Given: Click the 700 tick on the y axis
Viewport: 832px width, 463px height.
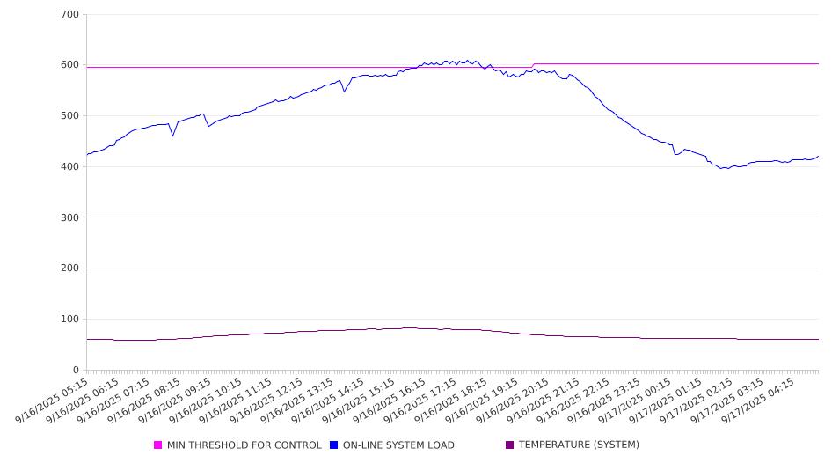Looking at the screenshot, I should click(x=70, y=15).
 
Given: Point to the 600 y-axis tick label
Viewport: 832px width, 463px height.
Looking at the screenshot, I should click(x=70, y=65).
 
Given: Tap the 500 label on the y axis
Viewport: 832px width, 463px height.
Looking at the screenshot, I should click(x=70, y=116).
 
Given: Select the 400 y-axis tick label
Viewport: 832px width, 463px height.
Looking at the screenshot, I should click(x=70, y=167).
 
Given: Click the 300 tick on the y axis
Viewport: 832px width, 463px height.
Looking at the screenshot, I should click(x=70, y=217).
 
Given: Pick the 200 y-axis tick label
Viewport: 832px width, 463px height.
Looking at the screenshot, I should click(x=70, y=268).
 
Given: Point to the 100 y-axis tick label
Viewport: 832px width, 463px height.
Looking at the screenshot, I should click(x=70, y=320).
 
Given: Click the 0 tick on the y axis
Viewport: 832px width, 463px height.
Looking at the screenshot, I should click(x=77, y=370).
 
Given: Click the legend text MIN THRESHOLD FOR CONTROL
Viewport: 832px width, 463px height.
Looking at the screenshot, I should click(x=244, y=445).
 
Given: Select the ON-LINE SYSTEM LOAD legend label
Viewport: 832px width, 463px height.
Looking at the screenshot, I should click(x=398, y=445).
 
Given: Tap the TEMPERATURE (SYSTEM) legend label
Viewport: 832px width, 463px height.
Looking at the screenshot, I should click(x=579, y=445).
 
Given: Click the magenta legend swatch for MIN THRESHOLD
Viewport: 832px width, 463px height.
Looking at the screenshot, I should click(x=158, y=445).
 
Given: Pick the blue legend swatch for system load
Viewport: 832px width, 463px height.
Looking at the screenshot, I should click(x=334, y=445).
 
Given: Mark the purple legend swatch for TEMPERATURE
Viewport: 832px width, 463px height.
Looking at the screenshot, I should click(x=510, y=445).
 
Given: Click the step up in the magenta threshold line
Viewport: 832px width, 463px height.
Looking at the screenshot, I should click(x=533, y=65).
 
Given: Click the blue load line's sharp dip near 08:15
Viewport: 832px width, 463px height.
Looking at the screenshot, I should click(x=172, y=136).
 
